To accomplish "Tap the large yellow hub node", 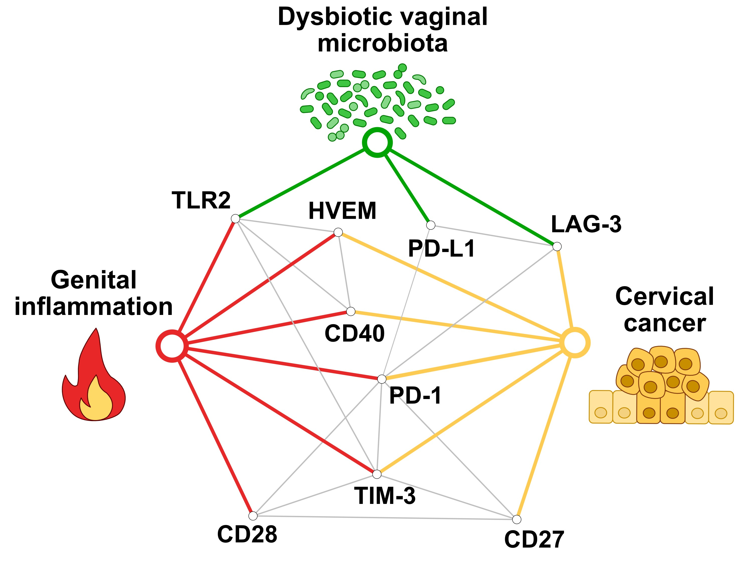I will (575, 343).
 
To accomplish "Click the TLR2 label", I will (201, 200).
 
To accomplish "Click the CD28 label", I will (247, 534).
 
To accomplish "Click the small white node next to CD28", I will (253, 516).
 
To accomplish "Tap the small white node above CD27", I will (516, 519).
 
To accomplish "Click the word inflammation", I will (93, 307).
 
